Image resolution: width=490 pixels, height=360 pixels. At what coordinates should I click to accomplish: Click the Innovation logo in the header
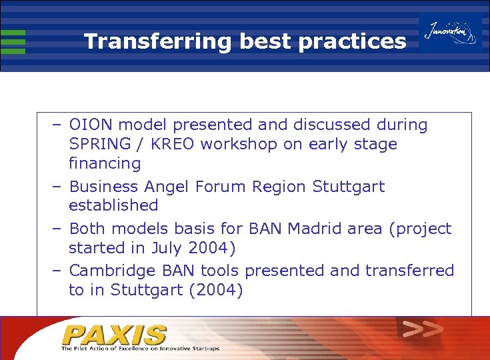point(451,33)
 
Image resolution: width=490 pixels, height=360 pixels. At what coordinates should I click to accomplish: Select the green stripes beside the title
point(13,41)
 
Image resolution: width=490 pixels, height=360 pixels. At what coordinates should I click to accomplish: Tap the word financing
point(105,163)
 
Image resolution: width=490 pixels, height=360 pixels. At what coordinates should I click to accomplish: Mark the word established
point(113,205)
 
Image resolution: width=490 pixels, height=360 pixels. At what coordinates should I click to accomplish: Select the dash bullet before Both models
point(57,229)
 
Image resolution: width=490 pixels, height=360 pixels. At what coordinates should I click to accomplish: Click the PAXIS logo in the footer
point(115,334)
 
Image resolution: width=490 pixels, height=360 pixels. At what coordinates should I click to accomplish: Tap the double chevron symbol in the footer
point(423,329)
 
